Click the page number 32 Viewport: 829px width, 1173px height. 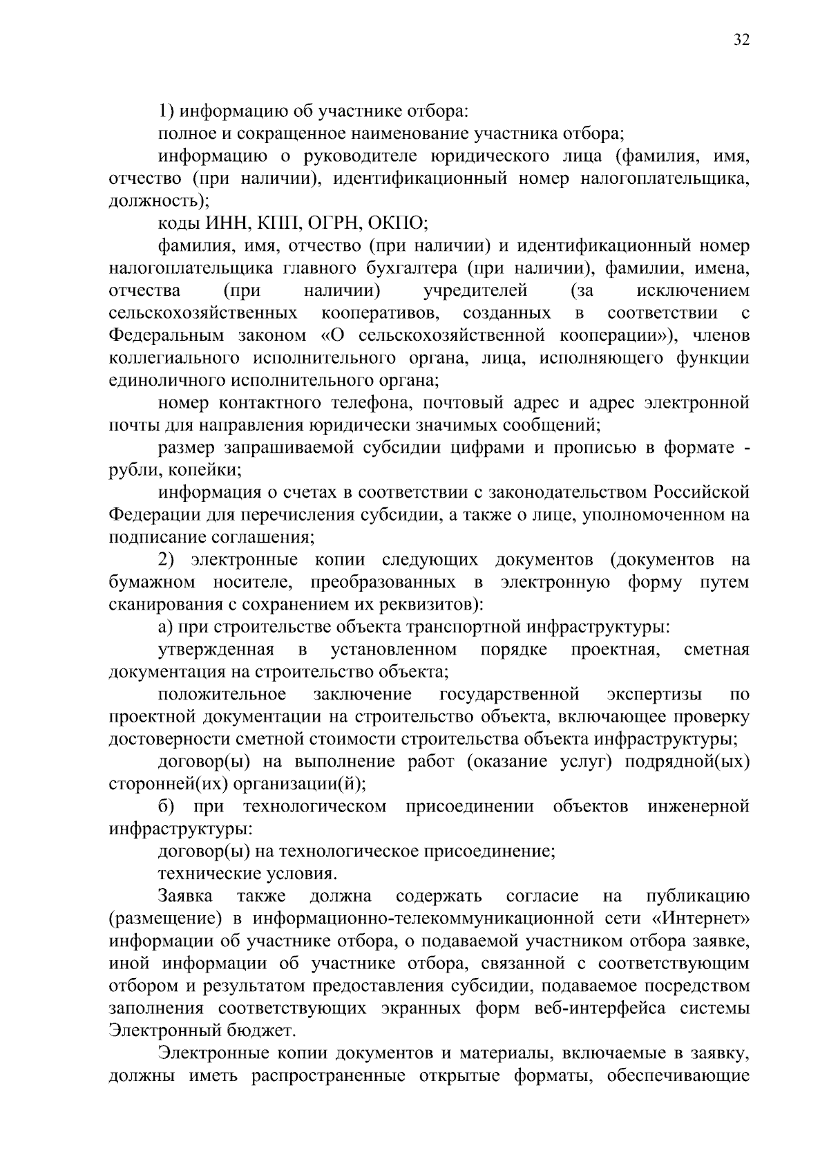[x=741, y=39]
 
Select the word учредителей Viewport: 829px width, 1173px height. [x=474, y=290]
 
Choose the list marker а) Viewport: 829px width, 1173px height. [x=166, y=628]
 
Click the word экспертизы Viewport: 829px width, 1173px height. [x=654, y=695]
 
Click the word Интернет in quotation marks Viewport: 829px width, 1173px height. [x=700, y=919]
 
